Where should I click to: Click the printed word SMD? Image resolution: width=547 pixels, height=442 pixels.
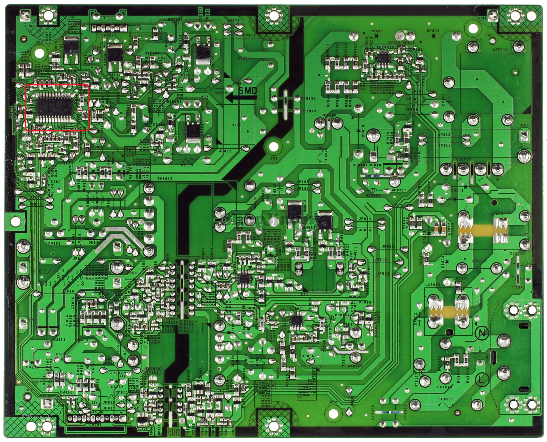[x=248, y=91]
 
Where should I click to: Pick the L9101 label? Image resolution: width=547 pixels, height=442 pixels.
[x=235, y=125]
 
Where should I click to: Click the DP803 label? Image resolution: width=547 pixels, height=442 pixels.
[x=376, y=31]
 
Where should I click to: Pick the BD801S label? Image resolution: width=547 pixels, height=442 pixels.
[x=464, y=159]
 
